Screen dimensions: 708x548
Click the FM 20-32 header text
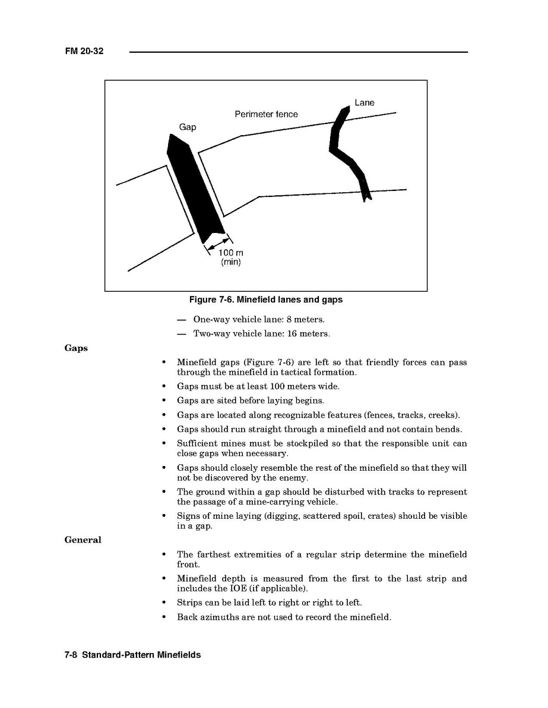pyautogui.click(x=84, y=52)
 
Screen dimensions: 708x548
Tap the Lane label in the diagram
pyautogui.click(x=365, y=103)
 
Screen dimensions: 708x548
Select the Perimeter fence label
pyautogui.click(x=266, y=114)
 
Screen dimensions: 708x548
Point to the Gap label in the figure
pyautogui.click(x=188, y=127)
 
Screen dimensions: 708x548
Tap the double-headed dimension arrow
pyautogui.click(x=217, y=244)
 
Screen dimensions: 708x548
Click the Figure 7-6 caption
pyautogui.click(x=265, y=300)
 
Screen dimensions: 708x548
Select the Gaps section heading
pyautogui.click(x=76, y=348)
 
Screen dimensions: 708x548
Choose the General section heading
pyautogui.click(x=83, y=540)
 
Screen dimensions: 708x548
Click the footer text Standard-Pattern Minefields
pyautogui.click(x=141, y=655)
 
